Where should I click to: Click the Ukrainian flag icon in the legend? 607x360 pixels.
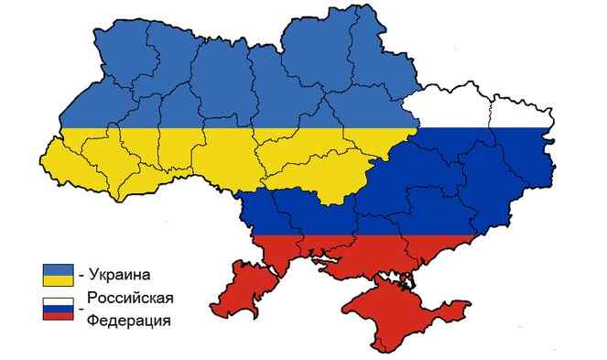click(x=59, y=274)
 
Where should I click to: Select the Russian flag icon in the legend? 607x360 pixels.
click(x=59, y=309)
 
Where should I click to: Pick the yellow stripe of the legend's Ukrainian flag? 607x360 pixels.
click(x=59, y=279)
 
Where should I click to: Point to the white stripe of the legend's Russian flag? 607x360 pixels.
click(x=59, y=300)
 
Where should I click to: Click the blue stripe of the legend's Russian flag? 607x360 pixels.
click(x=59, y=309)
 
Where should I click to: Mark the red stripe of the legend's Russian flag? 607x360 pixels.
click(x=59, y=317)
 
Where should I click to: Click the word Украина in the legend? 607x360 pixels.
click(x=119, y=275)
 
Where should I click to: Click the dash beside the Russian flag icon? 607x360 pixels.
click(x=81, y=311)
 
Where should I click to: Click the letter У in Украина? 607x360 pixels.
click(x=94, y=275)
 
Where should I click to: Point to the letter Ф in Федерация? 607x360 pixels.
click(x=94, y=321)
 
